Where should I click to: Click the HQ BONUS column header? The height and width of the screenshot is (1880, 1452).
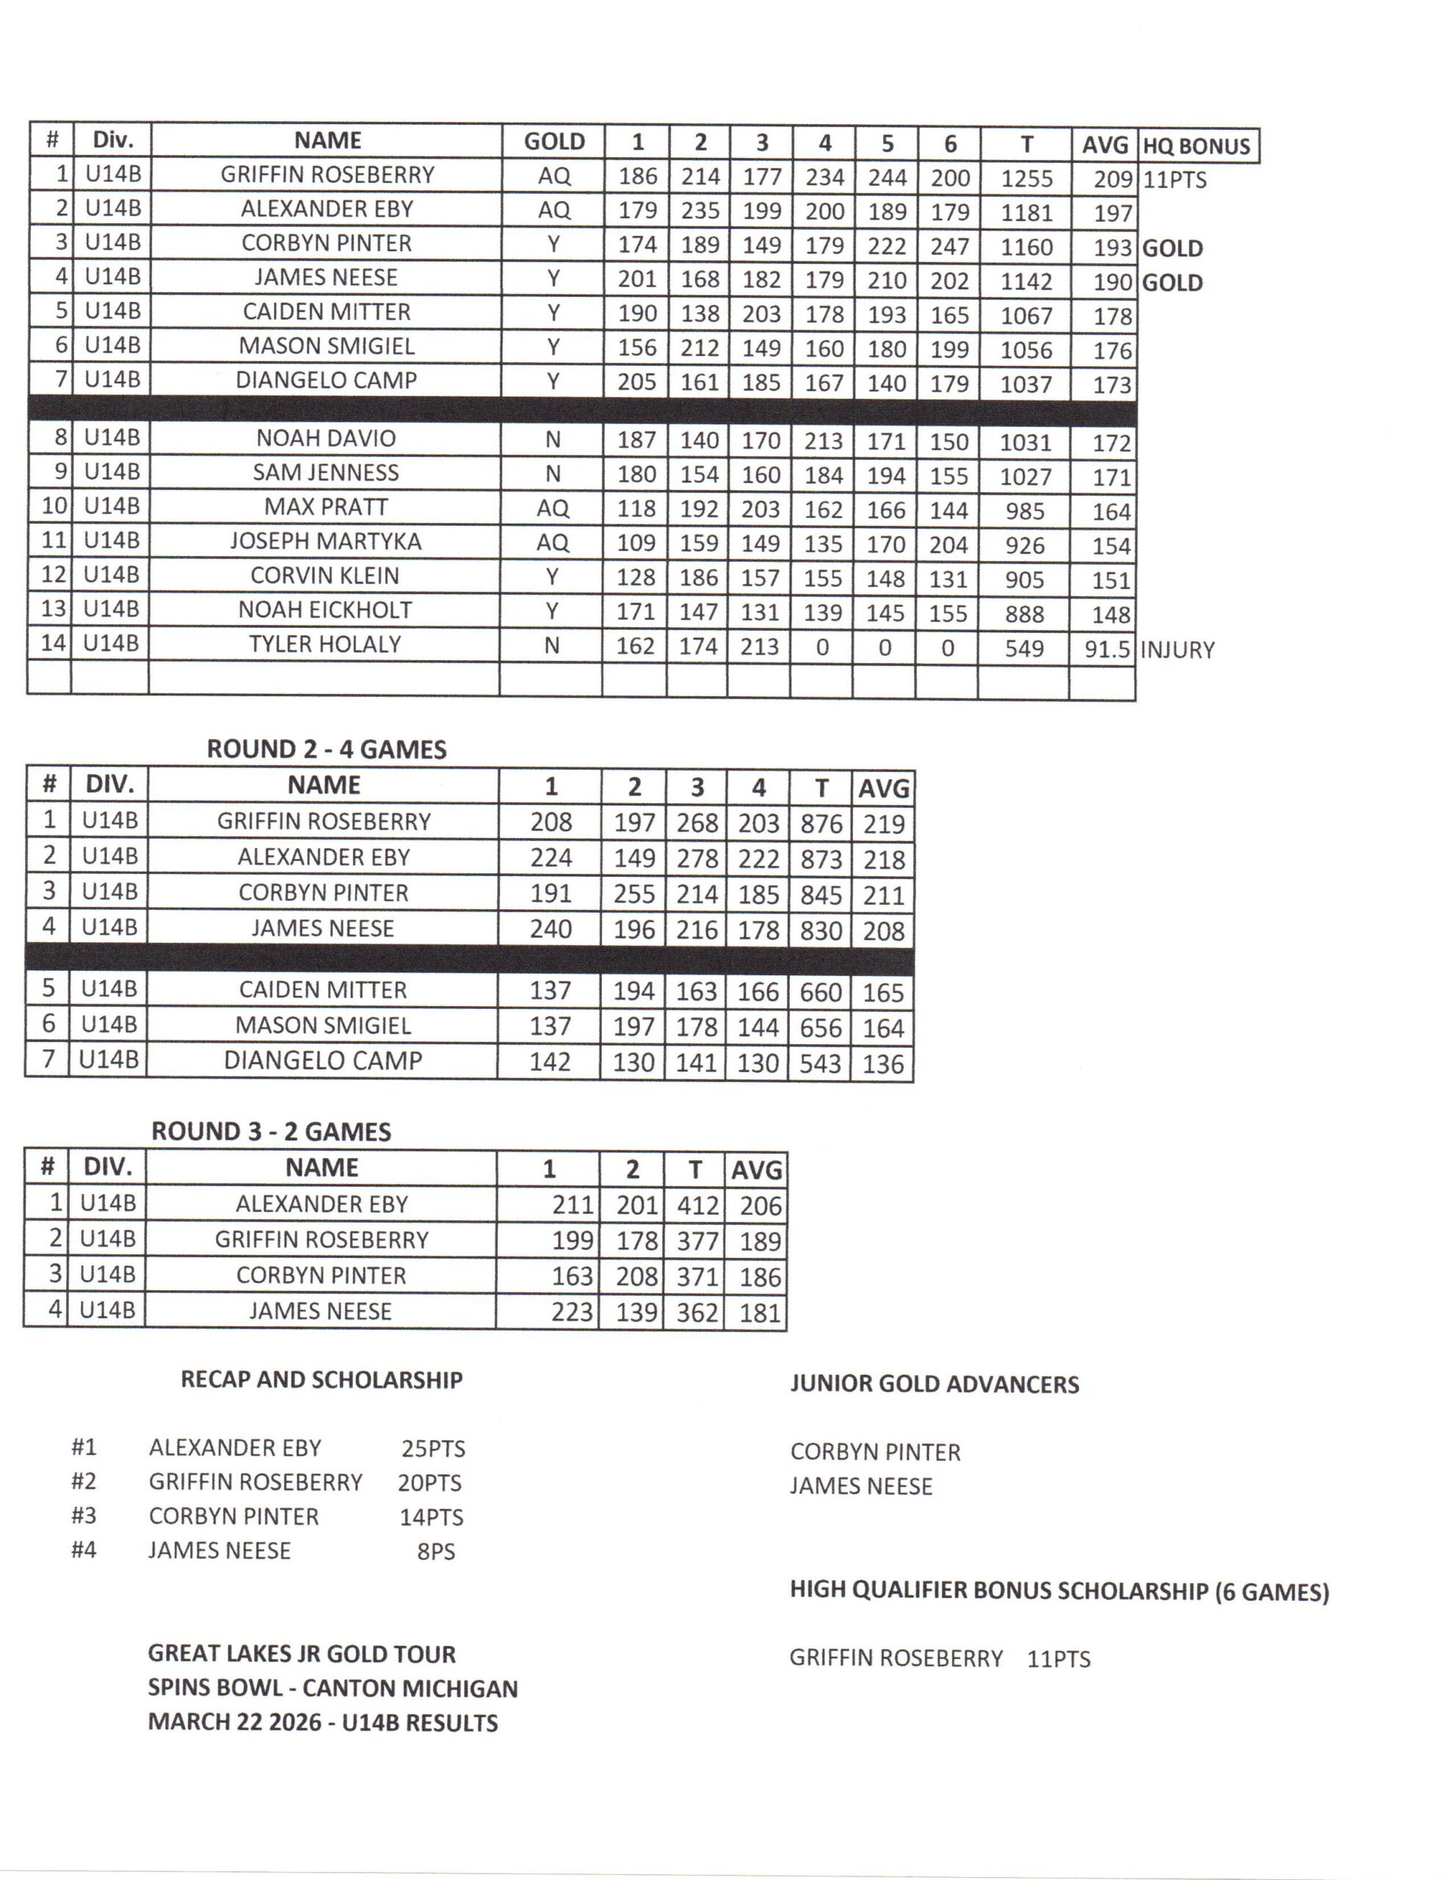click(1197, 146)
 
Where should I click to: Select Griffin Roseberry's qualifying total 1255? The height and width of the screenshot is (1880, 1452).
click(1026, 178)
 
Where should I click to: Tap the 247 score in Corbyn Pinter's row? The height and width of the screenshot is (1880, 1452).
click(949, 247)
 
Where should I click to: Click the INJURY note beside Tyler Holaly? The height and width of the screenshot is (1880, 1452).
click(1177, 650)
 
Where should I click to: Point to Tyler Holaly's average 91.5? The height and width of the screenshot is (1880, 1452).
click(1106, 649)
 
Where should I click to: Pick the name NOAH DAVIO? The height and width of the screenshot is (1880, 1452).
click(325, 438)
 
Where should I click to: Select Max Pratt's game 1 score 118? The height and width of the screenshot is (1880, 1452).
click(636, 509)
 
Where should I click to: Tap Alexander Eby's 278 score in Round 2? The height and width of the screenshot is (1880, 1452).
click(697, 858)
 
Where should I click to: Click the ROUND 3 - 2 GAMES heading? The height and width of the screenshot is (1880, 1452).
click(271, 1131)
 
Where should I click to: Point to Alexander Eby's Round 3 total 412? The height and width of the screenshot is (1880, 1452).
click(697, 1204)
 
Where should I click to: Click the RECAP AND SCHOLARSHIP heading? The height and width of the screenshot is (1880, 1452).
click(321, 1380)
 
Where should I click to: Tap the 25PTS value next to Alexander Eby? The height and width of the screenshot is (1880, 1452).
click(433, 1449)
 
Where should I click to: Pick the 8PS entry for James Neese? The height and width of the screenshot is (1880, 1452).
click(435, 1551)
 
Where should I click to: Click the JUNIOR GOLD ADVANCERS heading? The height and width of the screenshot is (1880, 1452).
click(934, 1384)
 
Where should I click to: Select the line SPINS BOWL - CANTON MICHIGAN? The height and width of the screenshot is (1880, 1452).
click(333, 1688)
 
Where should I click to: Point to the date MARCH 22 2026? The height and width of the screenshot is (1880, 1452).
click(234, 1722)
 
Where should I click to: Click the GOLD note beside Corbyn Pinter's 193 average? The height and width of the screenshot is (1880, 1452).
click(1172, 249)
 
